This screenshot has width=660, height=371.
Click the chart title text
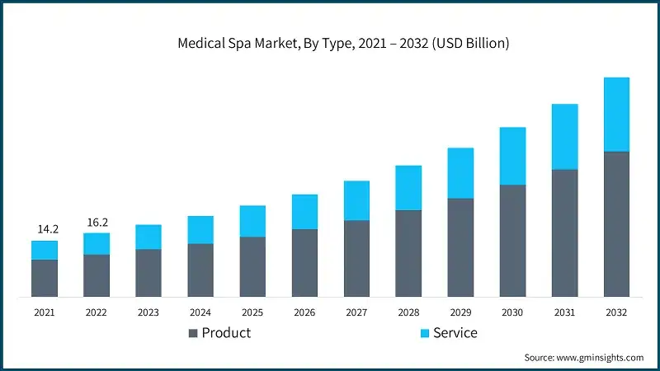[343, 43]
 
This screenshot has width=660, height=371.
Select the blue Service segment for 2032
[616, 115]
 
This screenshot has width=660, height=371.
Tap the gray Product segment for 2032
[616, 223]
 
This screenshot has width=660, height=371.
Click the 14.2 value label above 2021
[45, 228]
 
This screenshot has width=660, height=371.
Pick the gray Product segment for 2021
[45, 278]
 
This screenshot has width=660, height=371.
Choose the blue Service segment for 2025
[252, 221]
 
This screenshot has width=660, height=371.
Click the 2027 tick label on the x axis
[356, 312]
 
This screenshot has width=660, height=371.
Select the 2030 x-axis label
[512, 312]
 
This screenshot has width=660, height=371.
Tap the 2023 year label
[148, 312]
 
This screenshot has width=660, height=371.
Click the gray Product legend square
[193, 333]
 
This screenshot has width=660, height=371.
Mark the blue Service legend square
[425, 333]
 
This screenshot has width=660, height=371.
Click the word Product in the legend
[226, 333]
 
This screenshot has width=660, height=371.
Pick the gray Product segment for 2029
[460, 247]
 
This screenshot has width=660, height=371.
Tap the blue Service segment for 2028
[408, 188]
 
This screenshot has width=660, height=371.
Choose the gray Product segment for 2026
[304, 262]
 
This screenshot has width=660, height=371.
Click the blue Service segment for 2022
[96, 243]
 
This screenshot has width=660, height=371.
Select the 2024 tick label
[200, 312]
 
